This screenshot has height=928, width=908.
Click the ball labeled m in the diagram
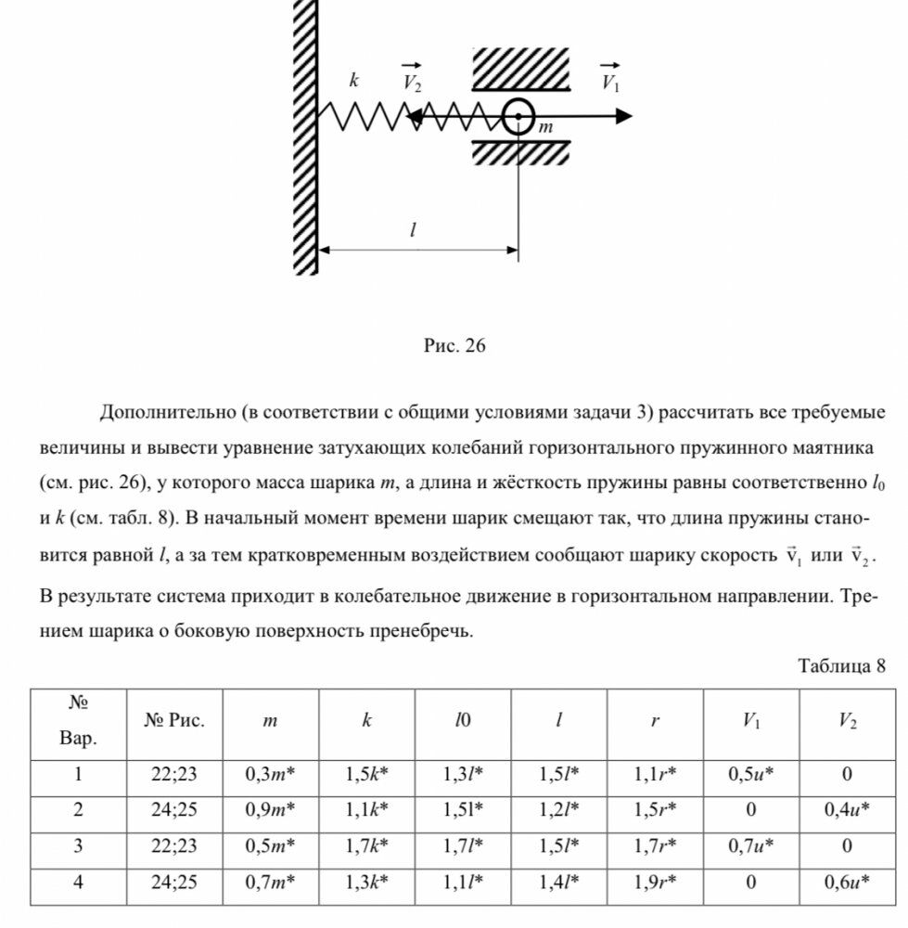[518, 117]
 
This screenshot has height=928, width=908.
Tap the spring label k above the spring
[353, 81]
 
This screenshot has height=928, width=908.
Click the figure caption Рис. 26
[454, 346]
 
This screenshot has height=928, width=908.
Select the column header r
[655, 722]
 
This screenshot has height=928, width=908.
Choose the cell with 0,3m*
[270, 775]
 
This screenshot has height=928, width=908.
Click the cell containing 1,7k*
[366, 845]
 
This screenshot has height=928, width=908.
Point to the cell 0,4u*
[847, 810]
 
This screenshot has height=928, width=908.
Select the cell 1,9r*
[655, 882]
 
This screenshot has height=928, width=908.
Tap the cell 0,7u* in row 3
[751, 845]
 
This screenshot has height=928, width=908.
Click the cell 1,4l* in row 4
[558, 882]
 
